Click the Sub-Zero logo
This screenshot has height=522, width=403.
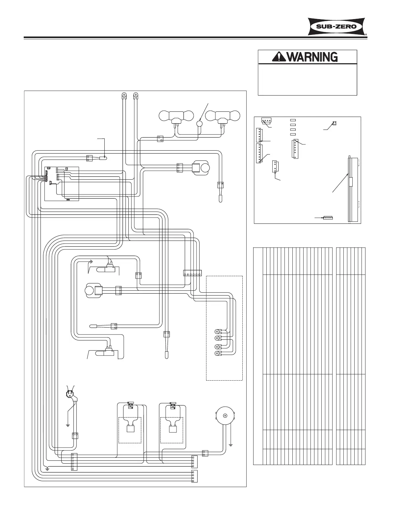tap(337, 26)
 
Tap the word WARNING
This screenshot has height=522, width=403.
tap(312, 57)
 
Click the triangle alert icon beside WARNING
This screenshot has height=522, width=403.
tap(279, 57)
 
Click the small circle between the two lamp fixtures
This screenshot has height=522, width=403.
tap(199, 123)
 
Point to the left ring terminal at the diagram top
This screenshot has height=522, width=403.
tap(124, 96)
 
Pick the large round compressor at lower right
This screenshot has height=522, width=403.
tap(226, 416)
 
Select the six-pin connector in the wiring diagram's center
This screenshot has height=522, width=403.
tap(192, 273)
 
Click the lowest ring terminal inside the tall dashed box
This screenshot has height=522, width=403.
tap(217, 354)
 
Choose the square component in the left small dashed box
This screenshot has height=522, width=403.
tap(130, 429)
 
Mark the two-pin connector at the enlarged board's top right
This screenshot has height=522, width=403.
tap(334, 123)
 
